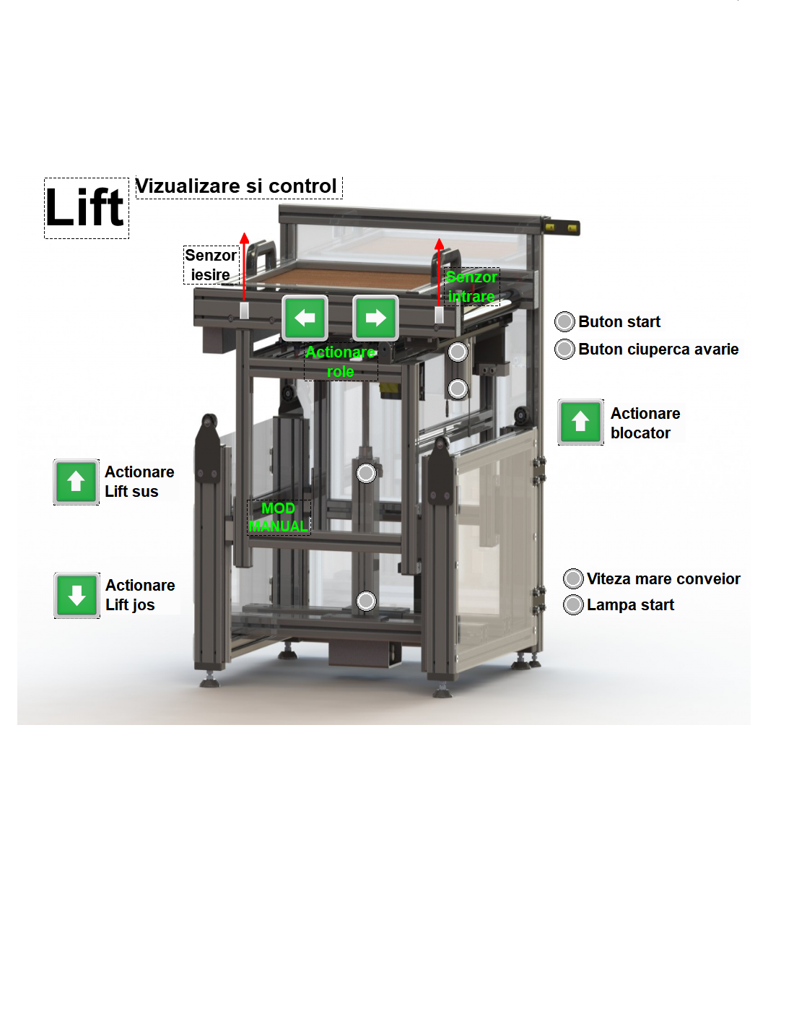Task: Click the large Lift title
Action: pos(86,208)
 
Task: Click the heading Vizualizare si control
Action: pos(237,186)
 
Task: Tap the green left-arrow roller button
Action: pos(305,318)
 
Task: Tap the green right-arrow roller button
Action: pos(375,318)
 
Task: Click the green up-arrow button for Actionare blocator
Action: pos(580,422)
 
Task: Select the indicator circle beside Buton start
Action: pos(564,321)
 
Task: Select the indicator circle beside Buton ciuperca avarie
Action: pos(564,349)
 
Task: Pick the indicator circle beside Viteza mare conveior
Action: pos(573,578)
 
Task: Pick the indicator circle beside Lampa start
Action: pos(573,604)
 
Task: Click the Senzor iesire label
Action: pos(211,265)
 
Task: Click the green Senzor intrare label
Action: pos(471,287)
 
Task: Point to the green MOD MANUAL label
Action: pos(279,517)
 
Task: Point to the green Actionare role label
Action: pos(341,362)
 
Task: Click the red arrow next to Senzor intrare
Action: pos(439,271)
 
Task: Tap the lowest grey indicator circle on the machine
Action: pos(367,601)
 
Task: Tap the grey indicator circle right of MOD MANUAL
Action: pos(367,473)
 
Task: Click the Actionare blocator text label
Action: pos(645,423)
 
